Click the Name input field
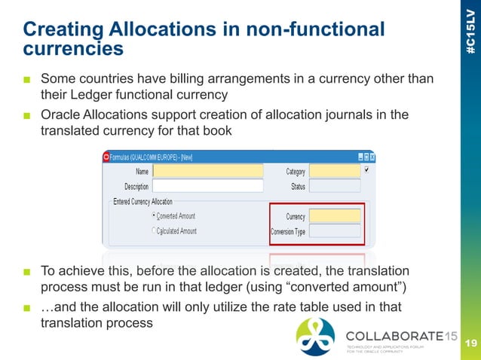[207, 171]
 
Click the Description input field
[207, 185]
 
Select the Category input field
[335, 171]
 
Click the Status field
[335, 185]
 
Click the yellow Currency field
[335, 217]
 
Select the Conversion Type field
[335, 231]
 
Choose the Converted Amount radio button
[155, 216]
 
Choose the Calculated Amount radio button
[155, 230]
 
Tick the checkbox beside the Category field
[367, 170]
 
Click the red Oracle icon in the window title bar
[106, 157]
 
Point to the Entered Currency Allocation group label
[142, 202]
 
